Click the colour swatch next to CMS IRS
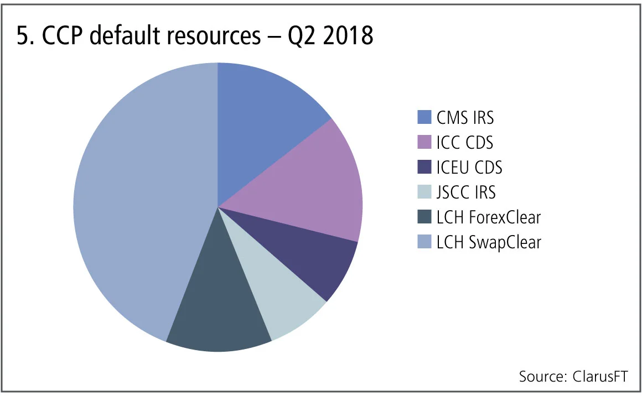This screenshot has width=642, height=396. [x=424, y=118]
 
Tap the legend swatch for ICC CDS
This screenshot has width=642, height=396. [x=424, y=143]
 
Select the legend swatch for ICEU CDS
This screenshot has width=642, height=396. [x=424, y=168]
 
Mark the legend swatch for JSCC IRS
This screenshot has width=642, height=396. [x=424, y=192]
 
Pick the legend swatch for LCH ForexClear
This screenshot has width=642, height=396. [x=424, y=217]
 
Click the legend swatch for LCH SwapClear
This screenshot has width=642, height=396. [x=424, y=242]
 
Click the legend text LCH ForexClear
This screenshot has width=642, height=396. [x=488, y=217]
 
